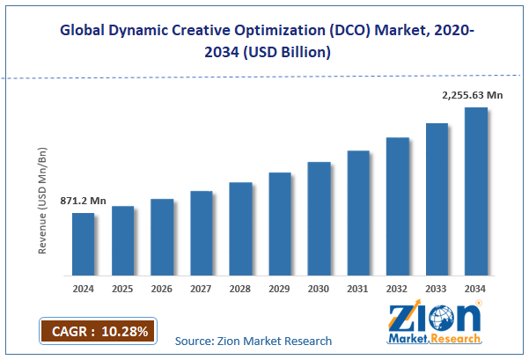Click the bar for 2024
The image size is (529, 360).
click(x=83, y=244)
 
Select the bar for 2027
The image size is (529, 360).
click(x=201, y=233)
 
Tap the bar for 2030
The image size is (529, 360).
click(x=319, y=218)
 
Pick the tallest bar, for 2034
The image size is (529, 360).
click(x=475, y=191)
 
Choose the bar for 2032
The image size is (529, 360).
click(x=397, y=206)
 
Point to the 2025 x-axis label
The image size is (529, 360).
click(x=122, y=287)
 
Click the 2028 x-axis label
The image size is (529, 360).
click(x=240, y=287)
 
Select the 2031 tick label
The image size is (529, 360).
click(x=357, y=287)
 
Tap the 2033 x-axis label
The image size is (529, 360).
click(x=436, y=287)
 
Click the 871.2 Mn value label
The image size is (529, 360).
click(x=83, y=202)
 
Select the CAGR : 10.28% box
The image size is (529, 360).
click(x=97, y=330)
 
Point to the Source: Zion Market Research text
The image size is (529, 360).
click(x=253, y=341)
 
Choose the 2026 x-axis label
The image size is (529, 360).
click(x=162, y=287)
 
